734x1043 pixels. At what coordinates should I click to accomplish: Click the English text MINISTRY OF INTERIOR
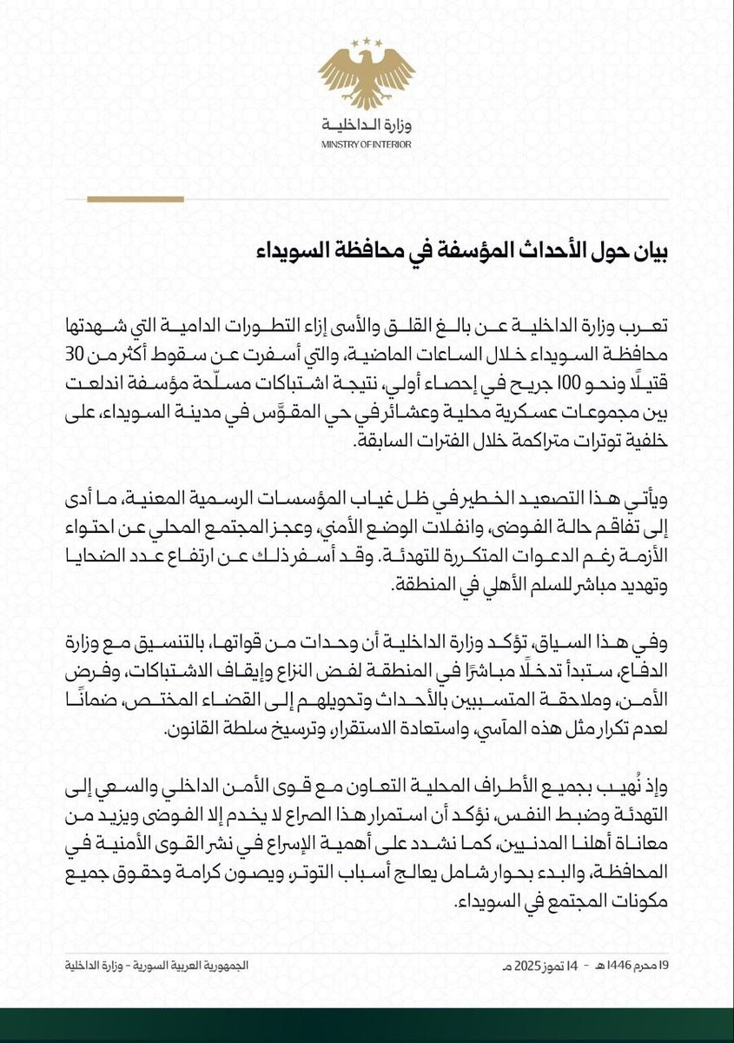pyautogui.click(x=366, y=144)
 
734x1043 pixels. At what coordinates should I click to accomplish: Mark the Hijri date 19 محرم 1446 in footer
pyautogui.click(x=645, y=966)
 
